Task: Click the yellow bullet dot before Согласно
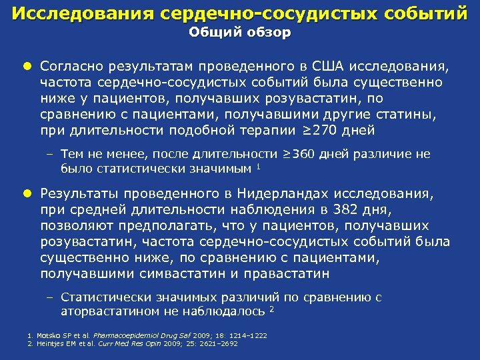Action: tap(27, 67)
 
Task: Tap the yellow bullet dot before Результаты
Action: tap(27, 194)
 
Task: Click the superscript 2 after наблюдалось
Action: tap(271, 309)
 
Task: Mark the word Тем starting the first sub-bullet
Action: tap(71, 155)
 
